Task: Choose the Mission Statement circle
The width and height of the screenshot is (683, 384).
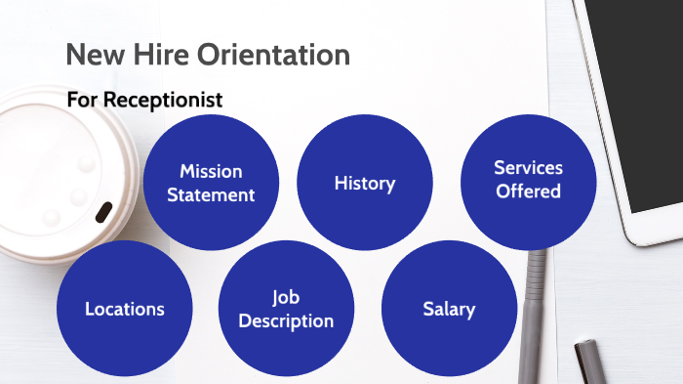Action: click(211, 183)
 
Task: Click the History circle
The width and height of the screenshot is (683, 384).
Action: click(365, 183)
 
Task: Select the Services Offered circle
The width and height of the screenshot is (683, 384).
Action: click(528, 180)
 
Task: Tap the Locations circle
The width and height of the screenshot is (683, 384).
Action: click(125, 309)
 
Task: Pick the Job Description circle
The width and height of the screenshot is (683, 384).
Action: click(286, 309)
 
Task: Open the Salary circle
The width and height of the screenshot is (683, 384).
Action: click(449, 309)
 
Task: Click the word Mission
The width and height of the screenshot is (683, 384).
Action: click(211, 172)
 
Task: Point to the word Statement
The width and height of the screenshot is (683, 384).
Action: click(211, 194)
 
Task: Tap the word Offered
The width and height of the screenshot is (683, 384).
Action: click(528, 192)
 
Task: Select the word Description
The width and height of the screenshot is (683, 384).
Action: click(286, 320)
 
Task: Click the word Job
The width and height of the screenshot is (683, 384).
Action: click(286, 297)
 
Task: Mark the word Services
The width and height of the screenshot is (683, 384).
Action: click(528, 168)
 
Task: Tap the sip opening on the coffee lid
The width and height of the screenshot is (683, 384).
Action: click(102, 211)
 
